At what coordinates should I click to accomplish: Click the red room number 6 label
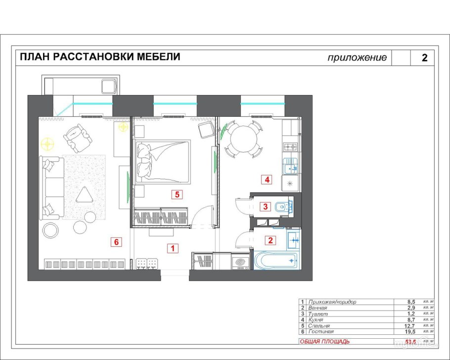pos(116,242)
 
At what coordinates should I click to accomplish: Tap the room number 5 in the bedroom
pos(177,194)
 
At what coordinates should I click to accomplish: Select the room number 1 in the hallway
pos(172,248)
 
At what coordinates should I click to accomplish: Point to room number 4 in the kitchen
pos(267,180)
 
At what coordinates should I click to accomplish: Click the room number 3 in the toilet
pos(266,206)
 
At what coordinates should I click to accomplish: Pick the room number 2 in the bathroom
pos(270,241)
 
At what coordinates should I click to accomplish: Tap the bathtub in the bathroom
pos(275,261)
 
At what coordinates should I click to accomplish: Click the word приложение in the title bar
pos(357,57)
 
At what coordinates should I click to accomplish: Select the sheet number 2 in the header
pos(424,57)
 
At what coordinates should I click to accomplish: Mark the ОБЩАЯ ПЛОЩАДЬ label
pos(325,341)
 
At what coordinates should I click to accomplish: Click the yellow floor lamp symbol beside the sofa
pos(47,144)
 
